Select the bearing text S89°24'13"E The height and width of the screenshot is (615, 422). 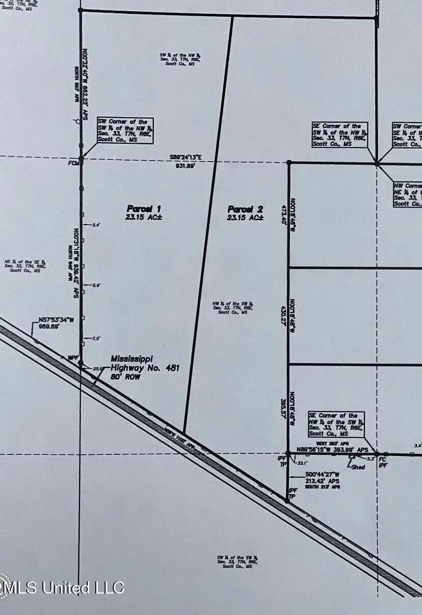point(186,158)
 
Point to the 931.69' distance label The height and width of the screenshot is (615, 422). point(186,166)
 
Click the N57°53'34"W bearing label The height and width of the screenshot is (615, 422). point(56,320)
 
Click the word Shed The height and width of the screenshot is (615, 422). point(359,467)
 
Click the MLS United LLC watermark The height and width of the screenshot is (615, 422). point(62,587)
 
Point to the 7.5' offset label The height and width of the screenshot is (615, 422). point(96,339)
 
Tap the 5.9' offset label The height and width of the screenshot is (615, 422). point(96,286)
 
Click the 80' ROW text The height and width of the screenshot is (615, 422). point(126,377)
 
